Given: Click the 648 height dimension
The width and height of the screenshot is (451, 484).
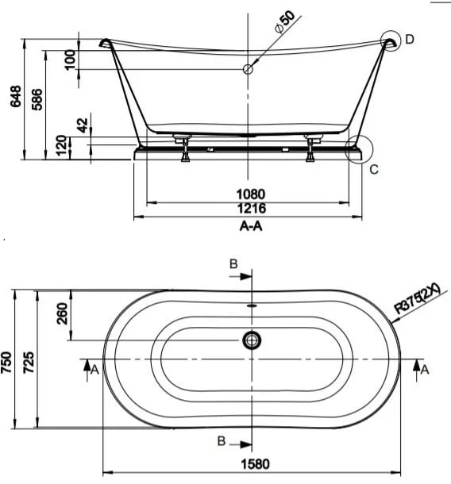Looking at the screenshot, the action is point(15,96).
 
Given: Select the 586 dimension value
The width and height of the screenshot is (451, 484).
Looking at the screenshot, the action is point(37,99).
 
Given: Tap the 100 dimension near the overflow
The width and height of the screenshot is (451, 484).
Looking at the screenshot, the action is point(71,60).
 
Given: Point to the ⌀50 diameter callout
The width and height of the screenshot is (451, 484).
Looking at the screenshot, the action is point(285,21).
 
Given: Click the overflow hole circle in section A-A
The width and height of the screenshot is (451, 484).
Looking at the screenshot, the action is point(248,69).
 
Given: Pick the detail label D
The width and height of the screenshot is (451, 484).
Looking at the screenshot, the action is point(409,40).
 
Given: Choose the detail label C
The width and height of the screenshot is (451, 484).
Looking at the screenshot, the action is point(374,169).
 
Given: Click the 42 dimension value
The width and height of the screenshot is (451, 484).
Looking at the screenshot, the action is point(83,125).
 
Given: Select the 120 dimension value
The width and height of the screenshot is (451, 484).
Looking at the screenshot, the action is point(61,145).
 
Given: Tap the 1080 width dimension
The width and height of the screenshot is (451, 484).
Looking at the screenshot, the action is point(251,194).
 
